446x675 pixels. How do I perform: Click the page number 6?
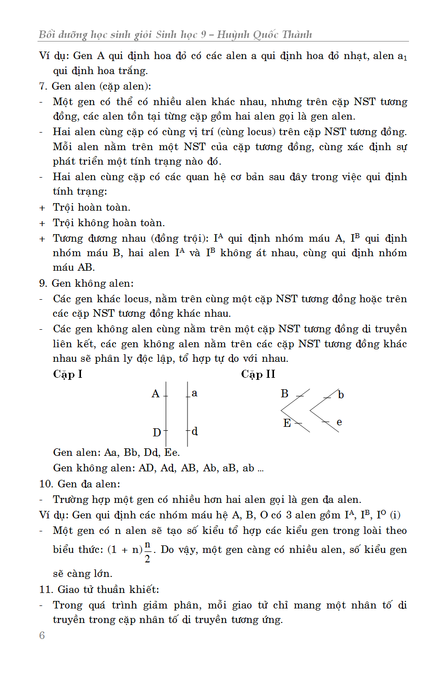(42, 635)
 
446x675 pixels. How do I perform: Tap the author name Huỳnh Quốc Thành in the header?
(270, 35)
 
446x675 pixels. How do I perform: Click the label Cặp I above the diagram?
(67, 374)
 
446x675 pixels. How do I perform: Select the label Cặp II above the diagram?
(258, 374)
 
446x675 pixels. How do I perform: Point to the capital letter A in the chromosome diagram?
(155, 394)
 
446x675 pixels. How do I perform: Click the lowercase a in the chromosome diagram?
(194, 393)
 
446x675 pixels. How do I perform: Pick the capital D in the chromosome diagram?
(157, 432)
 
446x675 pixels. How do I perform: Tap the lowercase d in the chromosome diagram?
(195, 431)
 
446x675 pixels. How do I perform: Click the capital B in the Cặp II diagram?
(284, 394)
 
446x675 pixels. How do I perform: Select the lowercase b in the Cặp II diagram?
(341, 395)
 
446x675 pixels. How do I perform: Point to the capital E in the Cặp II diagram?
(287, 423)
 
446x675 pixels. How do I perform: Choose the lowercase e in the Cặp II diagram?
(339, 422)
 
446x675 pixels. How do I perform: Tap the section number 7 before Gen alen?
(42, 87)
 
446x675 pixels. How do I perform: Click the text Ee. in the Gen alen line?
(172, 453)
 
